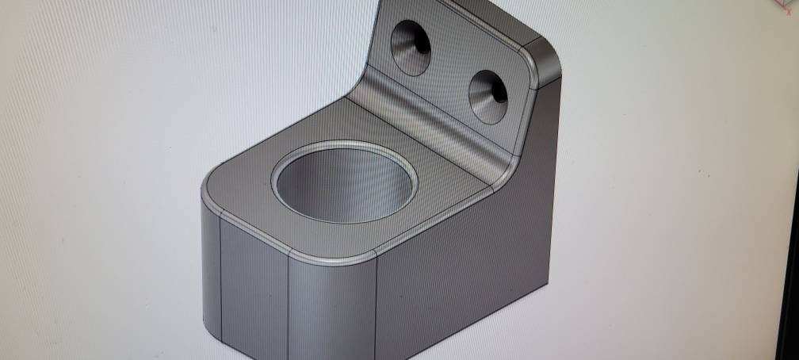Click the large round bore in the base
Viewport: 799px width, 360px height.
346,184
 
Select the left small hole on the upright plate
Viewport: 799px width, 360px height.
411,48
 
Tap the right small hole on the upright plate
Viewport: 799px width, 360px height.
487,97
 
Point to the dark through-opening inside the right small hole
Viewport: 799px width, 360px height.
499,92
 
